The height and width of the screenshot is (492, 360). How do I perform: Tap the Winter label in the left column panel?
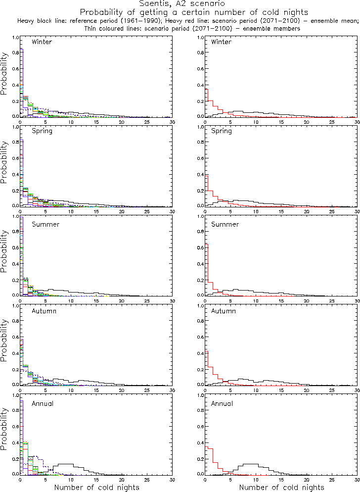(x=42, y=42)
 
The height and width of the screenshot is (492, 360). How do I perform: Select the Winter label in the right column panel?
(x=221, y=42)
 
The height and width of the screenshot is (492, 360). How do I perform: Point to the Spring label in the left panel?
(x=42, y=132)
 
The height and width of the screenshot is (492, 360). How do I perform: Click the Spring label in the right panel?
(x=221, y=132)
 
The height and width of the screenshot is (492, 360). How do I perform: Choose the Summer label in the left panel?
(x=45, y=224)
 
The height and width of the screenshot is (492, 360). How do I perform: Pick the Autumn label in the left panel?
(x=44, y=311)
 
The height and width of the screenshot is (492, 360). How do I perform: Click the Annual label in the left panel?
(x=42, y=404)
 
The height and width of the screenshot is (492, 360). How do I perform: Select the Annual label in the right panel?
(x=222, y=404)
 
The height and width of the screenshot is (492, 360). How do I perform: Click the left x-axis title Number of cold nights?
(x=96, y=488)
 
